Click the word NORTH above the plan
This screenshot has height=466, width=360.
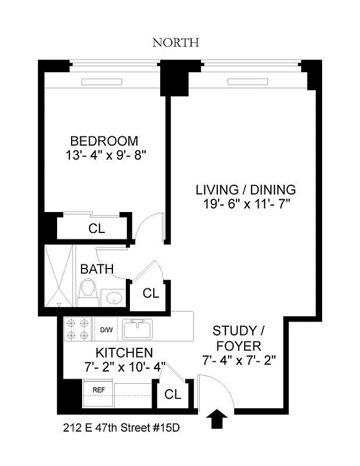pyautogui.click(x=176, y=43)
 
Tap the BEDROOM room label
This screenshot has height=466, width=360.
pyautogui.click(x=104, y=141)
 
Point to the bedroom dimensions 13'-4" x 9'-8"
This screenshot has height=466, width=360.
pyautogui.click(x=104, y=156)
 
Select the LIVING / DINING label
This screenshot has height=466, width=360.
pyautogui.click(x=245, y=190)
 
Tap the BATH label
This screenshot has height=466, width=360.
pyautogui.click(x=97, y=269)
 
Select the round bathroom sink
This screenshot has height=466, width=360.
pyautogui.click(x=114, y=299)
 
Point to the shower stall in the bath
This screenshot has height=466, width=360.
pyautogui.click(x=60, y=275)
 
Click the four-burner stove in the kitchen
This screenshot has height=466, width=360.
pyautogui.click(x=77, y=329)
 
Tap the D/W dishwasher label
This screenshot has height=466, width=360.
pyautogui.click(x=106, y=330)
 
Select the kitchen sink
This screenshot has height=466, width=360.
pyautogui.click(x=137, y=329)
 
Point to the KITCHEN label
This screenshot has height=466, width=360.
pyautogui.click(x=124, y=353)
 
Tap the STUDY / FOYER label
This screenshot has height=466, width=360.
pyautogui.click(x=239, y=338)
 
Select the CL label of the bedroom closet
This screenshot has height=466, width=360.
pyautogui.click(x=97, y=229)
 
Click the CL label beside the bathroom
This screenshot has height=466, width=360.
pyautogui.click(x=151, y=294)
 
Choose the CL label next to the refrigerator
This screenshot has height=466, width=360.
pyautogui.click(x=172, y=394)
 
